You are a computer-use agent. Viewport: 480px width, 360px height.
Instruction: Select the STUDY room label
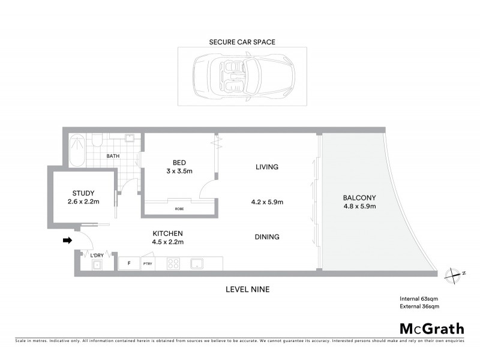(x=83, y=193)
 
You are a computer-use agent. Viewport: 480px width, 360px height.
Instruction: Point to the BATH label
(x=113, y=156)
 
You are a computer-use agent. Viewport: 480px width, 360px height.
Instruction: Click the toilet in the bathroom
(x=96, y=141)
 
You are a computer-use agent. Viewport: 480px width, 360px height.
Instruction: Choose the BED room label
(x=179, y=163)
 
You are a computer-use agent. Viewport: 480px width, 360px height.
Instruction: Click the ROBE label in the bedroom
(x=179, y=208)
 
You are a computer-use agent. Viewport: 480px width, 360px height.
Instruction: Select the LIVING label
(x=266, y=167)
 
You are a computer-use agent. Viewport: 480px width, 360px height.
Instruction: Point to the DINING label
(x=266, y=237)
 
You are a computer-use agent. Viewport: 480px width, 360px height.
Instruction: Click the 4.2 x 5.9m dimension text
(x=266, y=202)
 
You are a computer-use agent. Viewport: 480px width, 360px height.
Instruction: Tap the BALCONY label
(x=359, y=197)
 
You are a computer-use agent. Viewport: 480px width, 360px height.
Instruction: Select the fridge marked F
(x=128, y=263)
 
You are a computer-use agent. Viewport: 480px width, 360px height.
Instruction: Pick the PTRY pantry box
(x=147, y=263)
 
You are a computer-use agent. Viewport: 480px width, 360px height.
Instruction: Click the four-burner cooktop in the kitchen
(x=173, y=263)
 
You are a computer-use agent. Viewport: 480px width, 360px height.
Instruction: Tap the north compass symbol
(x=454, y=273)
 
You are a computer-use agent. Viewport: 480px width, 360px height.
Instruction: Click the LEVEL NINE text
(x=247, y=289)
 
